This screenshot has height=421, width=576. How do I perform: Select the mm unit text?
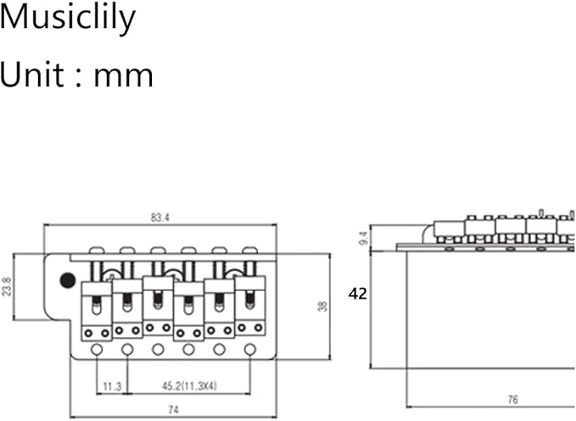[x=124, y=76]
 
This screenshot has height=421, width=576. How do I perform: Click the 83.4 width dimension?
[x=159, y=217]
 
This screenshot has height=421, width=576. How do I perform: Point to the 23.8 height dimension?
[x=7, y=287]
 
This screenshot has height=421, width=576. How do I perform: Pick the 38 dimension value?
[x=322, y=306]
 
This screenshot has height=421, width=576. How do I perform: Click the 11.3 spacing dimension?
[x=112, y=386]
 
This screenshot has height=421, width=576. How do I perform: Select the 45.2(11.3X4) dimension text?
[x=189, y=385]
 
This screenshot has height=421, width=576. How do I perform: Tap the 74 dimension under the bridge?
[x=173, y=409]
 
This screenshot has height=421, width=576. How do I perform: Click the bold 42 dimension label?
[x=358, y=294]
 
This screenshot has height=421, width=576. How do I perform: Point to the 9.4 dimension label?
[x=364, y=238]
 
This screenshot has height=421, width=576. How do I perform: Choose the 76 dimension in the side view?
[x=513, y=399]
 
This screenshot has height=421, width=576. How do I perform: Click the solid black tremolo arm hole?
[x=68, y=281]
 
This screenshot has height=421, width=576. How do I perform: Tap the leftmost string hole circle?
[x=97, y=350]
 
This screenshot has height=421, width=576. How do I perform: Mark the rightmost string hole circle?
[x=250, y=349]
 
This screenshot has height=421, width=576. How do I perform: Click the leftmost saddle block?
[x=96, y=311]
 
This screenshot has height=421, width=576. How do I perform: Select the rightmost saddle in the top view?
[x=249, y=306]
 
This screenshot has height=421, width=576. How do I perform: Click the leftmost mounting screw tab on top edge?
[x=97, y=250]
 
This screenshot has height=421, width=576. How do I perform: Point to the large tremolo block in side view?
[x=491, y=310]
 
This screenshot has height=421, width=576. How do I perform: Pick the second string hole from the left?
[x=127, y=350]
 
